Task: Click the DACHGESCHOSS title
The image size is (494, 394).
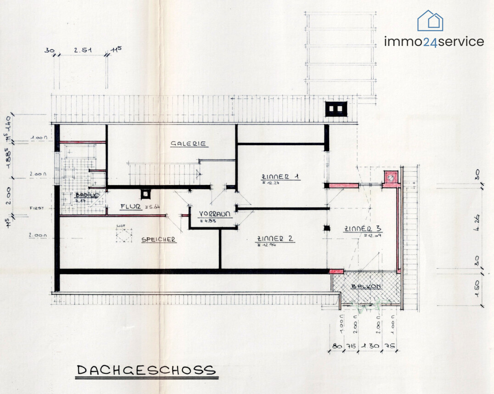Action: [146, 370]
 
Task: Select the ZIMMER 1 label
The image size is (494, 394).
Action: [280, 176]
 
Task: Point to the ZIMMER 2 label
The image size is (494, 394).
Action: [275, 239]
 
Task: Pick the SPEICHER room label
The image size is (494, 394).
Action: [158, 239]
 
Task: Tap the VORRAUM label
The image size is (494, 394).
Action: [214, 214]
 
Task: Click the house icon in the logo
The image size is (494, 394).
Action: [430, 21]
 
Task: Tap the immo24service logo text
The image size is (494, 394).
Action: [434, 42]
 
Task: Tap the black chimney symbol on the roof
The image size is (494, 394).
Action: [336, 109]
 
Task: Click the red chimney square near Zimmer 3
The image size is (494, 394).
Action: [390, 177]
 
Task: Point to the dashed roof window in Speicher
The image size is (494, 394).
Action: [123, 235]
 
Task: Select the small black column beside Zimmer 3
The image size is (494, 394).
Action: [327, 228]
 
